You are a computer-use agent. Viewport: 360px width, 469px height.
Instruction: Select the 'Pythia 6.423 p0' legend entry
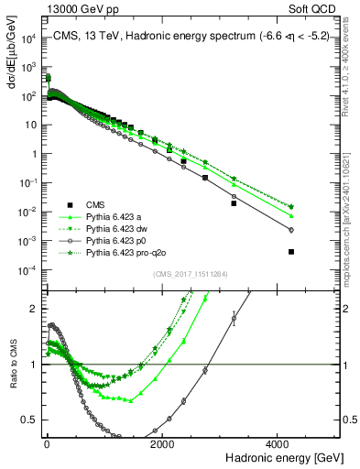click(x=108, y=240)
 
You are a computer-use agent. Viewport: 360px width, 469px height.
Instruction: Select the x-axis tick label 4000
click(x=279, y=443)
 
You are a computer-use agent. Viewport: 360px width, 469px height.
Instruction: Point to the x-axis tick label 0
click(x=46, y=443)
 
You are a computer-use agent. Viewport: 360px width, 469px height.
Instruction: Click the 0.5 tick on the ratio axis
click(x=28, y=420)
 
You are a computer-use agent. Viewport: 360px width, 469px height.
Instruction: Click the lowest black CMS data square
click(x=291, y=251)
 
